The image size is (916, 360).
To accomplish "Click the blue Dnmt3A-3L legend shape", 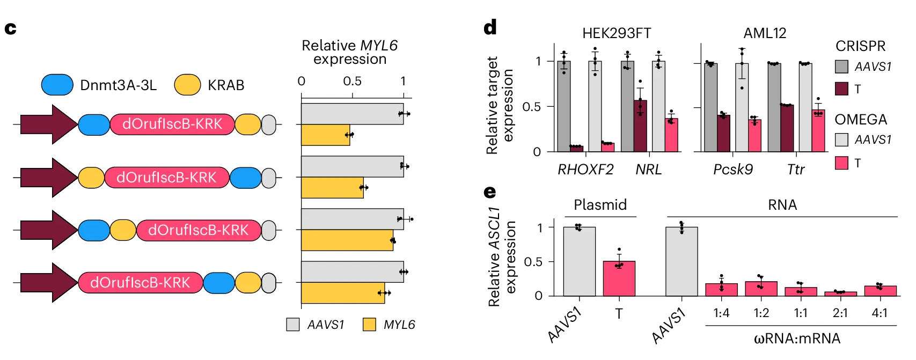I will pos(57,85).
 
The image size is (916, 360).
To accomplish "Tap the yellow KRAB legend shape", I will pos(187,85).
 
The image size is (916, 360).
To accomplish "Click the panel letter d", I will pos(490,28).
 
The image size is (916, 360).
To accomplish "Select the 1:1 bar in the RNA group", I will pos(801,291).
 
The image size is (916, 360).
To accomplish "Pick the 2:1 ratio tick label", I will pos(840,313).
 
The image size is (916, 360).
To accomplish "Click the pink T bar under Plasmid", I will pos(619,278).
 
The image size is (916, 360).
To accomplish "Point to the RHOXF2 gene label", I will pos(585,170).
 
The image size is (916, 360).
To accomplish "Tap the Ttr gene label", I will pos(796,170).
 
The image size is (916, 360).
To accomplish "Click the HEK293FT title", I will pos(617,33).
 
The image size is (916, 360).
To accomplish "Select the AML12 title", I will pos(765,33).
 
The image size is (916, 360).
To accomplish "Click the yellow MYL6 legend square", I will pos(369,325).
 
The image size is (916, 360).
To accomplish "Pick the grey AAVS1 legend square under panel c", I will pos(293,325).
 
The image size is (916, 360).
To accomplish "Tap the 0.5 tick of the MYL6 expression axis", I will pos(353,82).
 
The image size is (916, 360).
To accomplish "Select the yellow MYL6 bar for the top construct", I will pos(325,135).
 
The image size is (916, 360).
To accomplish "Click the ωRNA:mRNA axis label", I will pos(797,339).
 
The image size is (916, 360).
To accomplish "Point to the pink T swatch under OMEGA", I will pos(842,163).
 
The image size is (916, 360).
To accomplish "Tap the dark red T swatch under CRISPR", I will pos(842,89).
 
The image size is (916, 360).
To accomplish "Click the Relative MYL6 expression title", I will pos(350,52).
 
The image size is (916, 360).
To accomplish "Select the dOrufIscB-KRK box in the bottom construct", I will pos(141,283).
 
